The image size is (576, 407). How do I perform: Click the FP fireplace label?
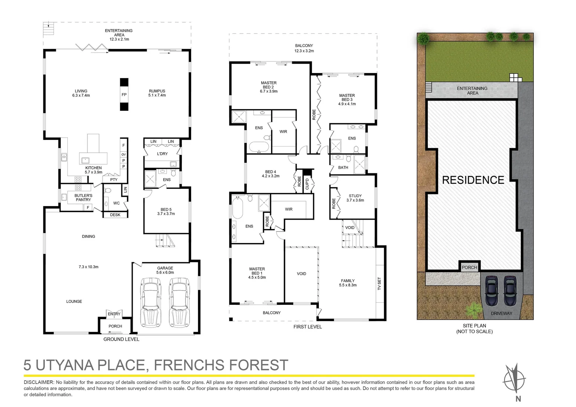[124, 95]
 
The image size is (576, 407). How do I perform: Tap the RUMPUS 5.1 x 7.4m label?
[157, 93]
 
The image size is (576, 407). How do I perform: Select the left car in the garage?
[150, 302]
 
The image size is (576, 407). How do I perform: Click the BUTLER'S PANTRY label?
[83, 197]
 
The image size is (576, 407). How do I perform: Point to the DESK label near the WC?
[115, 215]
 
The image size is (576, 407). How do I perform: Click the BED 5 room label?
[166, 211]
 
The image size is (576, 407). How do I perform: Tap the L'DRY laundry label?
[162, 154]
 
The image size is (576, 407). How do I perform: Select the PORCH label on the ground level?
[115, 326]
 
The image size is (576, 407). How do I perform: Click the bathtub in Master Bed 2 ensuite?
[259, 147]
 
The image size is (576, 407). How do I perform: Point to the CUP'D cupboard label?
[307, 184]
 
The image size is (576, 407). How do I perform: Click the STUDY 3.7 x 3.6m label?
[355, 198]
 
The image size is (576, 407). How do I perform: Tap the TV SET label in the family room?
[380, 283]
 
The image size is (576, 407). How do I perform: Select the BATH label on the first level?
[343, 167]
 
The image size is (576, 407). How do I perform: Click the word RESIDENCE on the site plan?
[473, 180]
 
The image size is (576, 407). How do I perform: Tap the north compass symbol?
[515, 379]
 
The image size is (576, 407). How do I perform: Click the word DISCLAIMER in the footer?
[39, 382]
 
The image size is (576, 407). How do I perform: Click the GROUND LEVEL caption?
[121, 339]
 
